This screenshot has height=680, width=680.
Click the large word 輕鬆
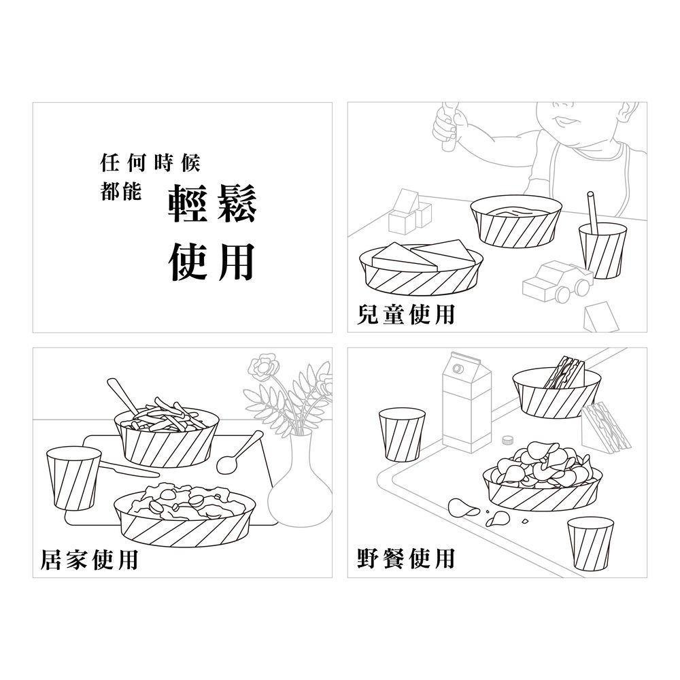pos(212,203)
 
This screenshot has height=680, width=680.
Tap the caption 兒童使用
pos(405,314)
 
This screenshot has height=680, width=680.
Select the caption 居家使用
pos(89,560)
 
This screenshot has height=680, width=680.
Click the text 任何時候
pos(150,163)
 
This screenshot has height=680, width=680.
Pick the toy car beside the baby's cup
pos(558,282)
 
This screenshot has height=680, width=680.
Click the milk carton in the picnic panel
pos(466,402)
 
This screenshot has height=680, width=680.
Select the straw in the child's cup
pos(592,212)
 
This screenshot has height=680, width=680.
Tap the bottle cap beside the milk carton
pos(507,440)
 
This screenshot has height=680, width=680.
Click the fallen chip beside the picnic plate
pos(462,508)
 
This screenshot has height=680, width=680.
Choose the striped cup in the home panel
pos(73,478)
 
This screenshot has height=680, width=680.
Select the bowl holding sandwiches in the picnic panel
pos(557,394)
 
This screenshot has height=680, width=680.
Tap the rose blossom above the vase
pos(262,365)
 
